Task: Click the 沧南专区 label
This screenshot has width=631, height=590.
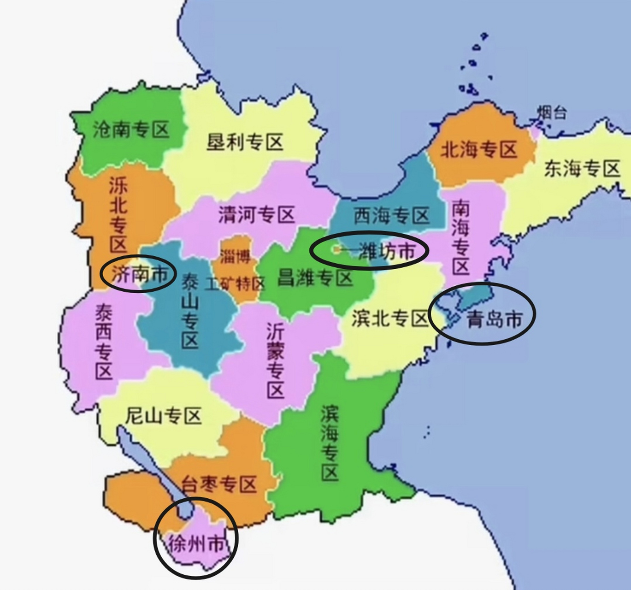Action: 131,130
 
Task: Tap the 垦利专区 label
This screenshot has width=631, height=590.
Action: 245,142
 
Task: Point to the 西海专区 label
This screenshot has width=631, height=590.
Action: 391,215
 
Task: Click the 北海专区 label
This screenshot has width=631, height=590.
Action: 479,150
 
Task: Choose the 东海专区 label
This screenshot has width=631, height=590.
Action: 582,169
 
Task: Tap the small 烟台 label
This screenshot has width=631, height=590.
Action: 552,112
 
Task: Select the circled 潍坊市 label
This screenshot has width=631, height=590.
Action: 386,251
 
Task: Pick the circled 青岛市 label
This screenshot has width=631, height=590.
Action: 495,319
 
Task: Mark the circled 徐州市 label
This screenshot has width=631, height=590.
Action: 197,544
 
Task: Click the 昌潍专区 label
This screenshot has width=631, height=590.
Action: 315,278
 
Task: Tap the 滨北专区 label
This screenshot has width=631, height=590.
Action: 390,318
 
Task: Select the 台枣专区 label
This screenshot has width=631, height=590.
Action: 218,484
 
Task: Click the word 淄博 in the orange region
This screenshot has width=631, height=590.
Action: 235,256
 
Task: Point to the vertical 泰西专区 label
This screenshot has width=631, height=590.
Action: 104,342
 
